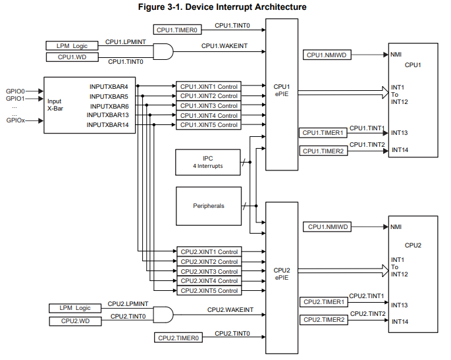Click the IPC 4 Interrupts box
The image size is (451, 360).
pyautogui.click(x=203, y=163)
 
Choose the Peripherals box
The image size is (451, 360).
pyautogui.click(x=208, y=206)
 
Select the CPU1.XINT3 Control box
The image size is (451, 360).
pyautogui.click(x=209, y=106)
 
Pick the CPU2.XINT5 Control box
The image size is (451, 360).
pyautogui.click(x=209, y=291)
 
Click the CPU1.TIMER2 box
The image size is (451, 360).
pyautogui.click(x=323, y=151)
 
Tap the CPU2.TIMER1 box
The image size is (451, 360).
pyautogui.click(x=323, y=302)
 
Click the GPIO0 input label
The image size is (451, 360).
pyautogui.click(x=15, y=91)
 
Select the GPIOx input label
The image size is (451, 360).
pyautogui.click(x=15, y=120)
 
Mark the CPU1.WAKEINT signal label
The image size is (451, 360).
pyautogui.click(x=223, y=45)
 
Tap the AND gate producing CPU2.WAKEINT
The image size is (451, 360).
pyautogui.click(x=163, y=315)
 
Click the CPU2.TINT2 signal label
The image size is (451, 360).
pyautogui.click(x=367, y=313)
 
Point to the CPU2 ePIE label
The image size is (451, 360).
pyautogui.click(x=282, y=274)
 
